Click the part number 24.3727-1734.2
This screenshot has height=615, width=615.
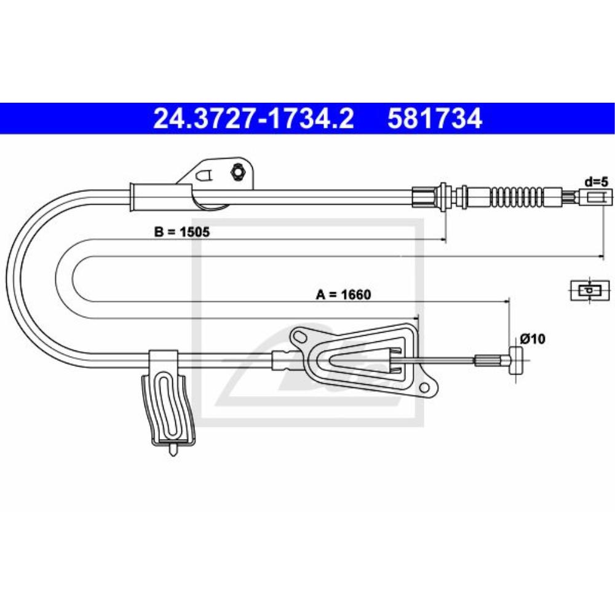[253, 119]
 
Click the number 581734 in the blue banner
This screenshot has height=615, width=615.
[434, 119]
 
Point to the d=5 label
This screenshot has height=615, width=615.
[596, 181]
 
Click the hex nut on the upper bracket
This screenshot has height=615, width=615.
[236, 171]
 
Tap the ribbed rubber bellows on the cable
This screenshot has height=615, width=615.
[516, 197]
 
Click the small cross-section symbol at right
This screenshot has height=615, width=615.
[589, 290]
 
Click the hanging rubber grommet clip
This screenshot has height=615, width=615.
[168, 407]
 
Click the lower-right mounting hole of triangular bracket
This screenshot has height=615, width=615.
[424, 388]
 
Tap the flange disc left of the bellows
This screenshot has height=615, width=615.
[442, 197]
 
